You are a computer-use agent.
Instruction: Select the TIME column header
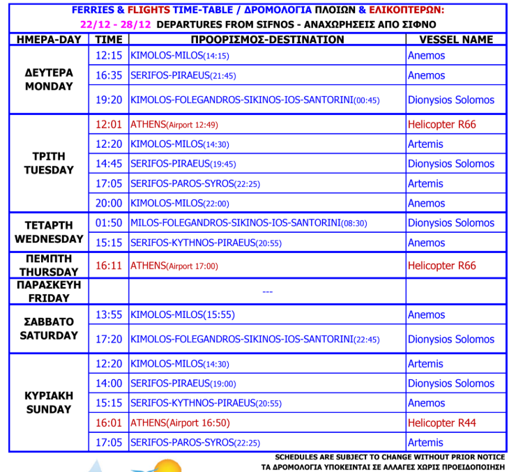point(109,40)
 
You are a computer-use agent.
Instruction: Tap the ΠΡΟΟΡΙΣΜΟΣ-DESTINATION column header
point(267,40)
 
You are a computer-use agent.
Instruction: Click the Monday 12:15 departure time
point(109,56)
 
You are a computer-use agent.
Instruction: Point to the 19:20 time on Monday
point(109,100)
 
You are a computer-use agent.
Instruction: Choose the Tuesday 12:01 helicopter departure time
point(109,125)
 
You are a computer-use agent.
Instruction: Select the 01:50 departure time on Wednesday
point(109,223)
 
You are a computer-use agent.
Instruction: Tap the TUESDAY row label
point(49,163)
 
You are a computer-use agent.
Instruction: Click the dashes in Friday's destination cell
point(267,291)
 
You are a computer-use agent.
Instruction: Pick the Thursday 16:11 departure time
point(109,266)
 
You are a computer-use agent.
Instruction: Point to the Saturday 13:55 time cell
point(109,314)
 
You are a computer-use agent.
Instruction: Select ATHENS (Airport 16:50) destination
point(180,422)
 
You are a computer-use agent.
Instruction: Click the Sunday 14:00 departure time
point(109,383)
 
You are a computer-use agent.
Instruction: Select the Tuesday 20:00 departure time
point(109,204)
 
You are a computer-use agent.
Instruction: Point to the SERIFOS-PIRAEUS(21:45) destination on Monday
point(183,75)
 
